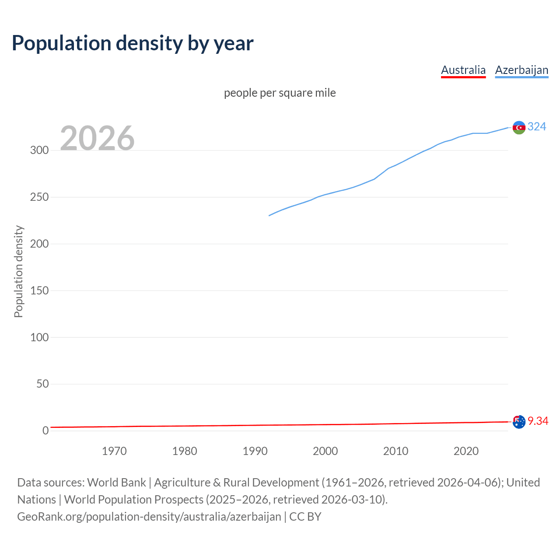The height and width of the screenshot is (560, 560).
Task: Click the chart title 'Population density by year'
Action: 133,43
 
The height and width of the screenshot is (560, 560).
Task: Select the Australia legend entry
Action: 463,70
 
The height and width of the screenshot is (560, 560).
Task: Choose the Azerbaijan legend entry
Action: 521,70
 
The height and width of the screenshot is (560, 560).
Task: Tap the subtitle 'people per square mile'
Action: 280,93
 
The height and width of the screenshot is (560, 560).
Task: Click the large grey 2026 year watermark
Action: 97,138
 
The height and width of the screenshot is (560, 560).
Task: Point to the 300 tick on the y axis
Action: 39,150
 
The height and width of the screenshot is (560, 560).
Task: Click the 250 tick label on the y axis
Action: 39,197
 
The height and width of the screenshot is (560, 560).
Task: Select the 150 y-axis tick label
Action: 39,290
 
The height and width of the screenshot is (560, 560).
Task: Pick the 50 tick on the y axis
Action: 42,384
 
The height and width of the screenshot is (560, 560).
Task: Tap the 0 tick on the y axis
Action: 45,431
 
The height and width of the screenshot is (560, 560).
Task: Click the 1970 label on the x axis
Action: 114,451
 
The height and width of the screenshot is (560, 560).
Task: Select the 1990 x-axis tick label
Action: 255,451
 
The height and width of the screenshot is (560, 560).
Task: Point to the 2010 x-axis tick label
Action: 395,451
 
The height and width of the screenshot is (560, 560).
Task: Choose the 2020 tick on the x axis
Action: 466,451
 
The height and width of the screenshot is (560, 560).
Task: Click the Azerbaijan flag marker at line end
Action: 519,127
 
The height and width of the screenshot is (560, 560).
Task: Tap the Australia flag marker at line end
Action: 519,422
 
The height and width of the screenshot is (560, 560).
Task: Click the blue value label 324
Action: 537,126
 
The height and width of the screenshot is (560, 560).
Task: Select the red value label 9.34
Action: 538,421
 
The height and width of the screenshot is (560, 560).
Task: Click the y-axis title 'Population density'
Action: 18,271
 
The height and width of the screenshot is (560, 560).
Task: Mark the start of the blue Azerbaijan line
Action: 269,215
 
